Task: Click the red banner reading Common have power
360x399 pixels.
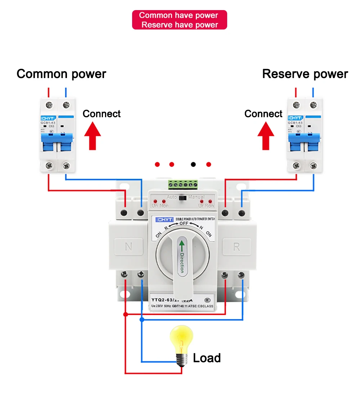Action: click(x=180, y=20)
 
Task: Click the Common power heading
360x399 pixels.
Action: click(x=61, y=74)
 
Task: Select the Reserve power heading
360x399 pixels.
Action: click(x=305, y=74)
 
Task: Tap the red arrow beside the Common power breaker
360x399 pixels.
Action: click(x=93, y=136)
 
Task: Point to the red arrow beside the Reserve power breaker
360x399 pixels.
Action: click(x=266, y=136)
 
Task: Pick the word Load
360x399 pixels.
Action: click(x=207, y=358)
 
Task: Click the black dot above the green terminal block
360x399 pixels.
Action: click(x=193, y=164)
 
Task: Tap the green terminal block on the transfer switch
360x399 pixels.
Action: click(x=183, y=184)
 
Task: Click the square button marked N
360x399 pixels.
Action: click(x=129, y=247)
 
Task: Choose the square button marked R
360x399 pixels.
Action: click(x=237, y=247)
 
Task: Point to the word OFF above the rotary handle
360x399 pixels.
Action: click(x=184, y=223)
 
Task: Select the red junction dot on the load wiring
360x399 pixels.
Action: click(x=125, y=314)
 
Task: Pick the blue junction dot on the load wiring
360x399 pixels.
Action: click(x=142, y=319)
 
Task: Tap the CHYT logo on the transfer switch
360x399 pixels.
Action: click(x=165, y=219)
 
